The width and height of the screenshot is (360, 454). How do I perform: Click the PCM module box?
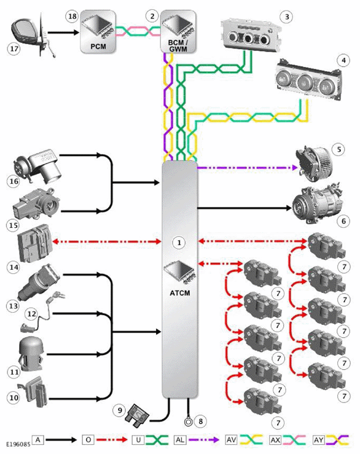98,32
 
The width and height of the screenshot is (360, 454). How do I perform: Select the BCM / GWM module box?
178,32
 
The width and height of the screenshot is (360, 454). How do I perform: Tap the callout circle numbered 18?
72,16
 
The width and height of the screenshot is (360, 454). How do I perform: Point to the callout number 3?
287,17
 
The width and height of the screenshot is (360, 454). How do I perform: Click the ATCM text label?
180,293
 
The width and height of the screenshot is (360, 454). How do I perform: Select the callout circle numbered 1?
179,242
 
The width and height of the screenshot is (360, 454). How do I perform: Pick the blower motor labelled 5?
314,165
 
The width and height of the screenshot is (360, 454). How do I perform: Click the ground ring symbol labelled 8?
188,421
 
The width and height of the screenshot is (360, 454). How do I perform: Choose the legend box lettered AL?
180,440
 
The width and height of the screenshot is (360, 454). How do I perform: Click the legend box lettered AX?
275,440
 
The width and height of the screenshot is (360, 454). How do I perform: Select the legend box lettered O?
88,440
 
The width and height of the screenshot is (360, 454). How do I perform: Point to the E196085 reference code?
18,444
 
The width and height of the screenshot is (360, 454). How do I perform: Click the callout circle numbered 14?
14,267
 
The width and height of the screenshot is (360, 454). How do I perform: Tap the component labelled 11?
31,354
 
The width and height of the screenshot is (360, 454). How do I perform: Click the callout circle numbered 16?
13,181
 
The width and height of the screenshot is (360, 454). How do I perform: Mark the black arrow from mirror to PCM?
63,33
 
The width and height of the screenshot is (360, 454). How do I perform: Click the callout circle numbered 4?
343,60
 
